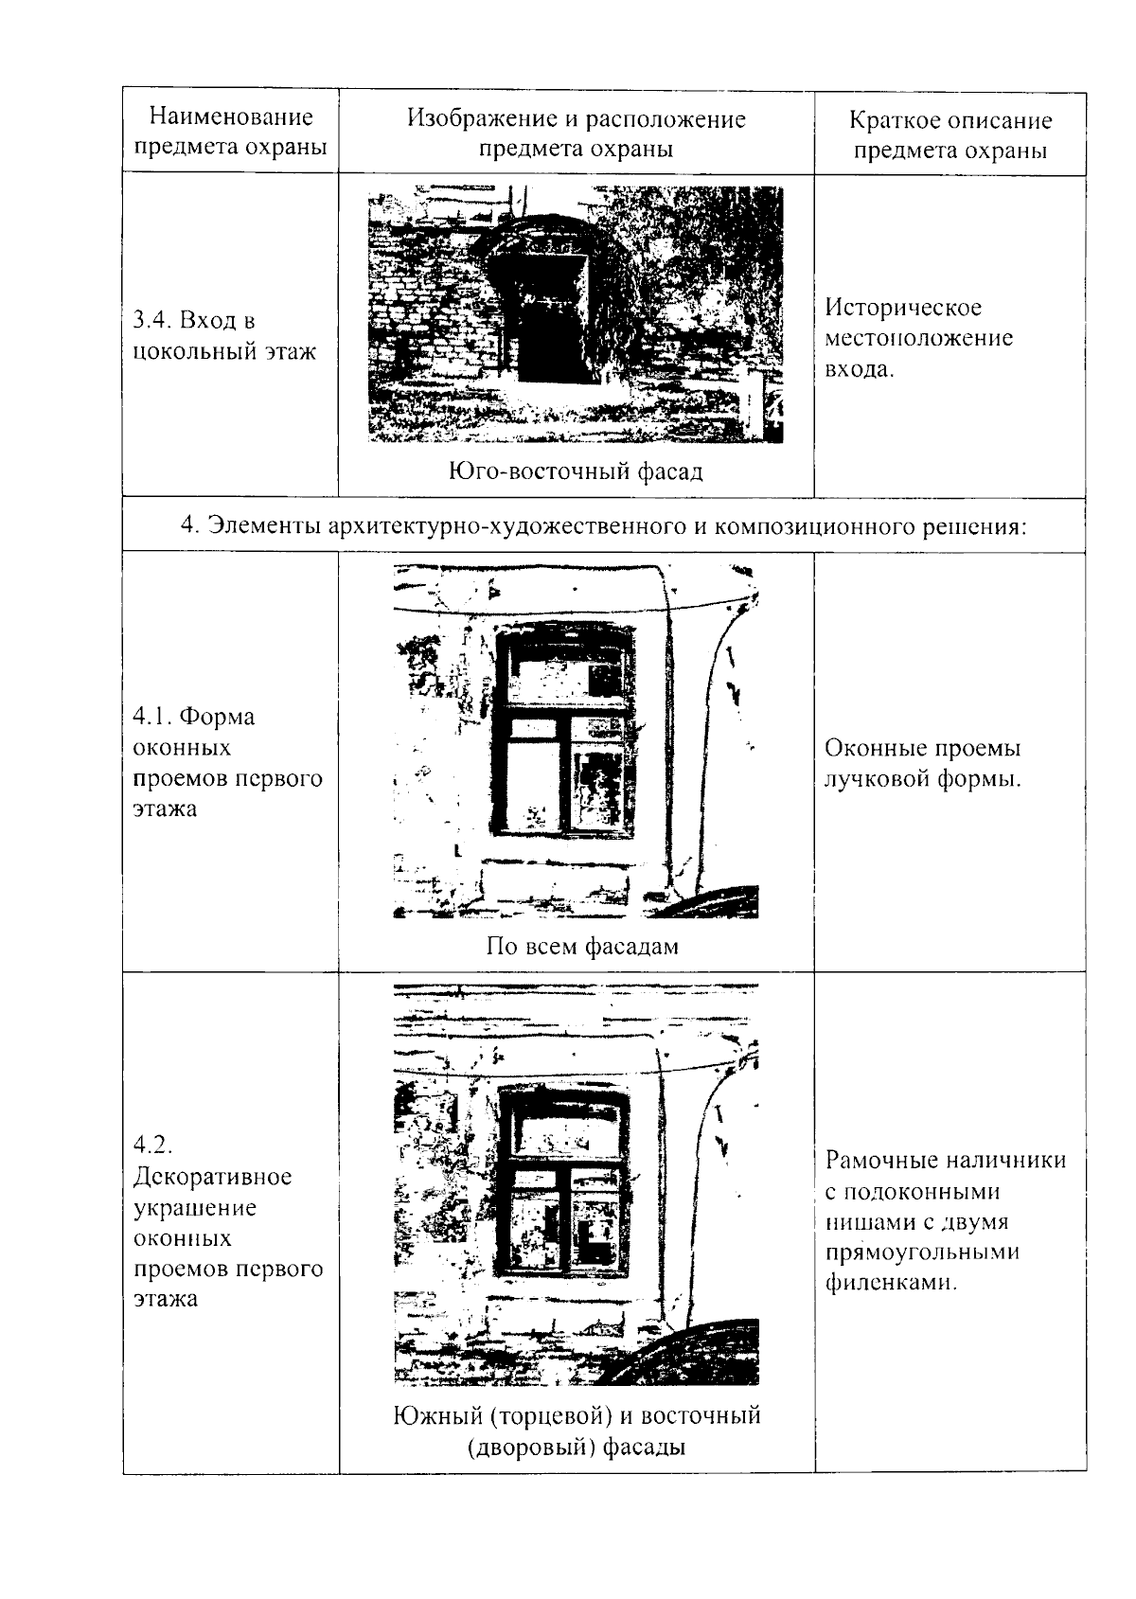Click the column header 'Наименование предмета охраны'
tap(230, 133)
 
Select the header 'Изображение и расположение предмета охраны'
tap(576, 133)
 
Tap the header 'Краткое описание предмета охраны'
tap(950, 135)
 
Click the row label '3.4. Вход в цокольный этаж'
tap(225, 336)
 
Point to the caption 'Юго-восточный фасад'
tap(576, 471)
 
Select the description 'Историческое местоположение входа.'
tap(918, 338)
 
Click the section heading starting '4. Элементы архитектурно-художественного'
tap(603, 525)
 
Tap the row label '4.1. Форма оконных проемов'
tap(227, 762)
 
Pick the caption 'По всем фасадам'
tap(581, 946)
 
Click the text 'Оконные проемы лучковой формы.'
tap(923, 764)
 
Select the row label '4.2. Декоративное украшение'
tap(227, 1221)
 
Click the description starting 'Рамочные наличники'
tap(945, 1221)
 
